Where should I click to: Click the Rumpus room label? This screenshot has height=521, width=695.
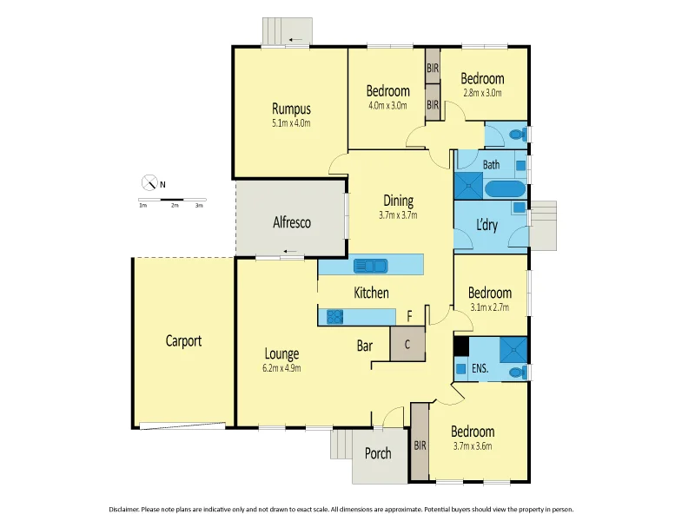pos(291,109)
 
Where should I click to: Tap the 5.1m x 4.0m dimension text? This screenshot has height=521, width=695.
pos(291,123)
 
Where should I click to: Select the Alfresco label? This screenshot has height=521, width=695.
pos(292,223)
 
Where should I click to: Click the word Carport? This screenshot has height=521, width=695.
pos(183,341)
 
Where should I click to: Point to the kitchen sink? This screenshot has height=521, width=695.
pos(371,266)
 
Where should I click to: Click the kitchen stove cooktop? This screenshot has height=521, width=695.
pos(335,317)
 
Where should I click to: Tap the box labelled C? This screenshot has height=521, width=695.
pos(407,342)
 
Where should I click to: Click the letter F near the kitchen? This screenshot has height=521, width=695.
pos(410,316)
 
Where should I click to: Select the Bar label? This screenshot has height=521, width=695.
pos(365,346)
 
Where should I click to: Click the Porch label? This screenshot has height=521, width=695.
pos(378,453)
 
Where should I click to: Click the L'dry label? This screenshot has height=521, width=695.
pos(486,224)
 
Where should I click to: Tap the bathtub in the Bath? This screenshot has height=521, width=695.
pos(504,189)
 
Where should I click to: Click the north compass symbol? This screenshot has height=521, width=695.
pos(150,183)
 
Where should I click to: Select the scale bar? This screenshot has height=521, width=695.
pos(172,200)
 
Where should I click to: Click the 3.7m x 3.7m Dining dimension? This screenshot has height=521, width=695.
pos(398,215)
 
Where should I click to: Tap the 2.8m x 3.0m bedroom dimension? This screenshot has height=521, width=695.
pos(483,93)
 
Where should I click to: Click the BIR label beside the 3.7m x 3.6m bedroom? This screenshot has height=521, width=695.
pos(420,445)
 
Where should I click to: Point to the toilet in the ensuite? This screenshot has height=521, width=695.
pos(517,371)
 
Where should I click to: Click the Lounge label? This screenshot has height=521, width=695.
pos(281,354)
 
